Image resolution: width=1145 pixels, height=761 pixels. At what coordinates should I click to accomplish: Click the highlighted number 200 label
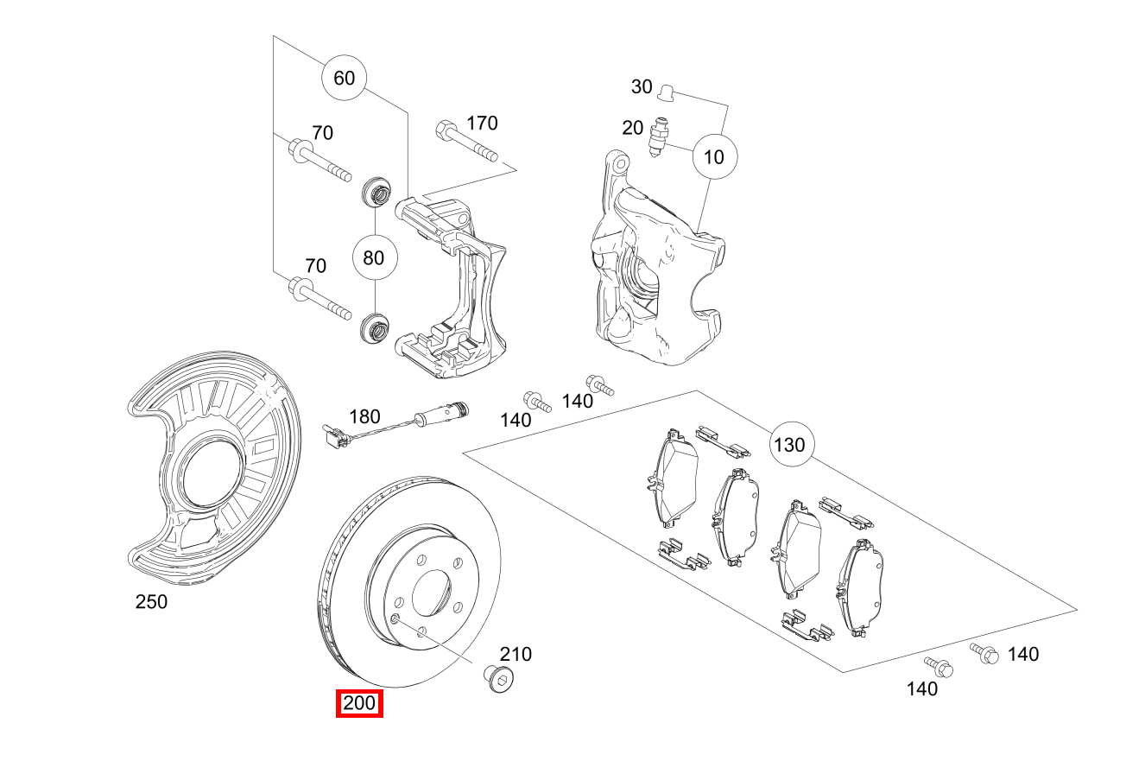pos(358,704)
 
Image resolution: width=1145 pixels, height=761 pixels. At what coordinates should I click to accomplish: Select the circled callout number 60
pos(344,78)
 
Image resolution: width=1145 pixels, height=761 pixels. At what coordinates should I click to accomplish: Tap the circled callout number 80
pos(374,257)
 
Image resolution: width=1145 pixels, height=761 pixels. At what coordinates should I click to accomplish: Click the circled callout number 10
pos(714,156)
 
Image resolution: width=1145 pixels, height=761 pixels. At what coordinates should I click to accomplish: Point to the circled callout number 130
pos(789,445)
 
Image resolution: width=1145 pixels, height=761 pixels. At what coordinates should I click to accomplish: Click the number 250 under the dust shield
pos(151,602)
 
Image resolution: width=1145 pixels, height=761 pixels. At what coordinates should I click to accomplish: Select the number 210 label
pos(516,654)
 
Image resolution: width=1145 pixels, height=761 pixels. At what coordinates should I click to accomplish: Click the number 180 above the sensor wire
pos(364,417)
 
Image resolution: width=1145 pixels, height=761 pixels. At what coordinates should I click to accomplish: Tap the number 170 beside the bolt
pos(482,123)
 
